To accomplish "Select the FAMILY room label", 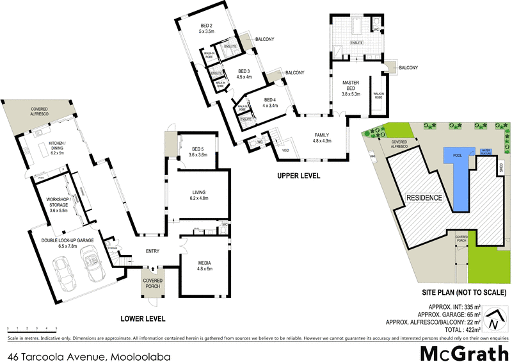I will click(x=321, y=137).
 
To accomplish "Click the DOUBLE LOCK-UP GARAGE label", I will click(x=68, y=242).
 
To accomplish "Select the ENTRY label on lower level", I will click(x=152, y=251).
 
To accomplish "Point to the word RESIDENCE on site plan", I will click(x=424, y=197).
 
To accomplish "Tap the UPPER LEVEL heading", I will click(x=298, y=175).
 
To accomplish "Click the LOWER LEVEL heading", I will click(x=143, y=318).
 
